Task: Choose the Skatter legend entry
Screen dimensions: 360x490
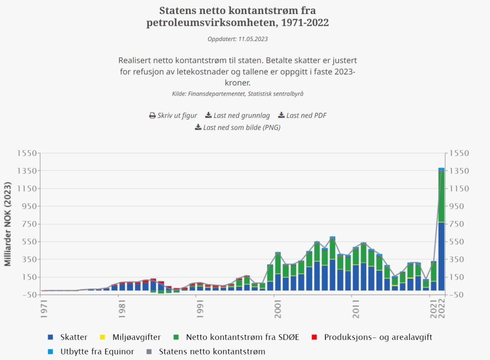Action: [x=73, y=337]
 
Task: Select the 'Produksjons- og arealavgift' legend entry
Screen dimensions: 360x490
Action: [x=378, y=337]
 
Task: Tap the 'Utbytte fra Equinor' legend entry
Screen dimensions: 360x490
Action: [x=97, y=351]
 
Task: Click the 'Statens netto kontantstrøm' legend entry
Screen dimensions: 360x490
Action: [x=212, y=351]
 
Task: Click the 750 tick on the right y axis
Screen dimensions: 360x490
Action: [x=459, y=224]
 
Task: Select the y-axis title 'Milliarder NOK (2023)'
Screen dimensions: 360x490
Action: [x=8, y=223]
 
